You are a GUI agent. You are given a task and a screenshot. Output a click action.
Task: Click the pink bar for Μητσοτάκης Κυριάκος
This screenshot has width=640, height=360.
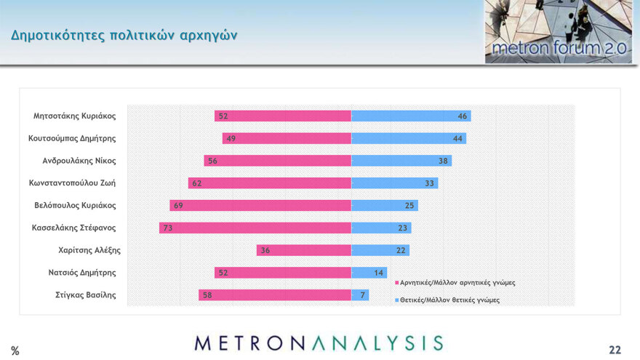tap(284, 116)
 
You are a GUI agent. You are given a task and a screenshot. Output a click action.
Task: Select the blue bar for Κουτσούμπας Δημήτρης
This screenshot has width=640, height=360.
tap(409, 138)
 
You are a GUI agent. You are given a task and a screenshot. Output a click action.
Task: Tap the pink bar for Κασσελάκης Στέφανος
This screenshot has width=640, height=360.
tap(255, 228)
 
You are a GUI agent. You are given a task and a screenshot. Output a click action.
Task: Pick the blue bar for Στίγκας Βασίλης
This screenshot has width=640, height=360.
tap(360, 295)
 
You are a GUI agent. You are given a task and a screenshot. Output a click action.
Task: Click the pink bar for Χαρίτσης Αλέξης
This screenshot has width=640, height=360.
tap(304, 250)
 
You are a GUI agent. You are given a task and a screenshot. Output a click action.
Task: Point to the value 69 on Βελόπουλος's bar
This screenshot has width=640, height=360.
tap(178, 206)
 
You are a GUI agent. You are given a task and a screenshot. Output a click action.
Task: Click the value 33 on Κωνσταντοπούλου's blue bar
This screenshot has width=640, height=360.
tap(429, 183)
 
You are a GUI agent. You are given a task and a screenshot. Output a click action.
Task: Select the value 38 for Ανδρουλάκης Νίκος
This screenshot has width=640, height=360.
tap(443, 161)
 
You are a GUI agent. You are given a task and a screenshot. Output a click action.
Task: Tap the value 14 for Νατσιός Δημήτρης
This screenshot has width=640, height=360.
tap(378, 273)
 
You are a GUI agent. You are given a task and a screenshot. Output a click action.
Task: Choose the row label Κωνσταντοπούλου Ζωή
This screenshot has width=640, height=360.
tap(73, 183)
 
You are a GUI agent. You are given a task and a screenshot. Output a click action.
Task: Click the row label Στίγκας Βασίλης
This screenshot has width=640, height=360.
tap(84, 295)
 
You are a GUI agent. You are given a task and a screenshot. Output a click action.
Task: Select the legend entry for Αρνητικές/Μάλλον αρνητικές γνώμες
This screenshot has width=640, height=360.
tap(457, 282)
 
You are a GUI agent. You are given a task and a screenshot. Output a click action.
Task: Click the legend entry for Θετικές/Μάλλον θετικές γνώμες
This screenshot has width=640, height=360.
tap(449, 300)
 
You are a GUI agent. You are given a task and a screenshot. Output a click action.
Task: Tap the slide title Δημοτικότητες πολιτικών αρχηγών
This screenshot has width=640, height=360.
tap(124, 36)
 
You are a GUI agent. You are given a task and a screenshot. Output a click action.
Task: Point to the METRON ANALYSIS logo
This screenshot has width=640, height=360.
tap(319, 343)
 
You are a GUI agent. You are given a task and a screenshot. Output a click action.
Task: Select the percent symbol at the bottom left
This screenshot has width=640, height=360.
tap(15, 351)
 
